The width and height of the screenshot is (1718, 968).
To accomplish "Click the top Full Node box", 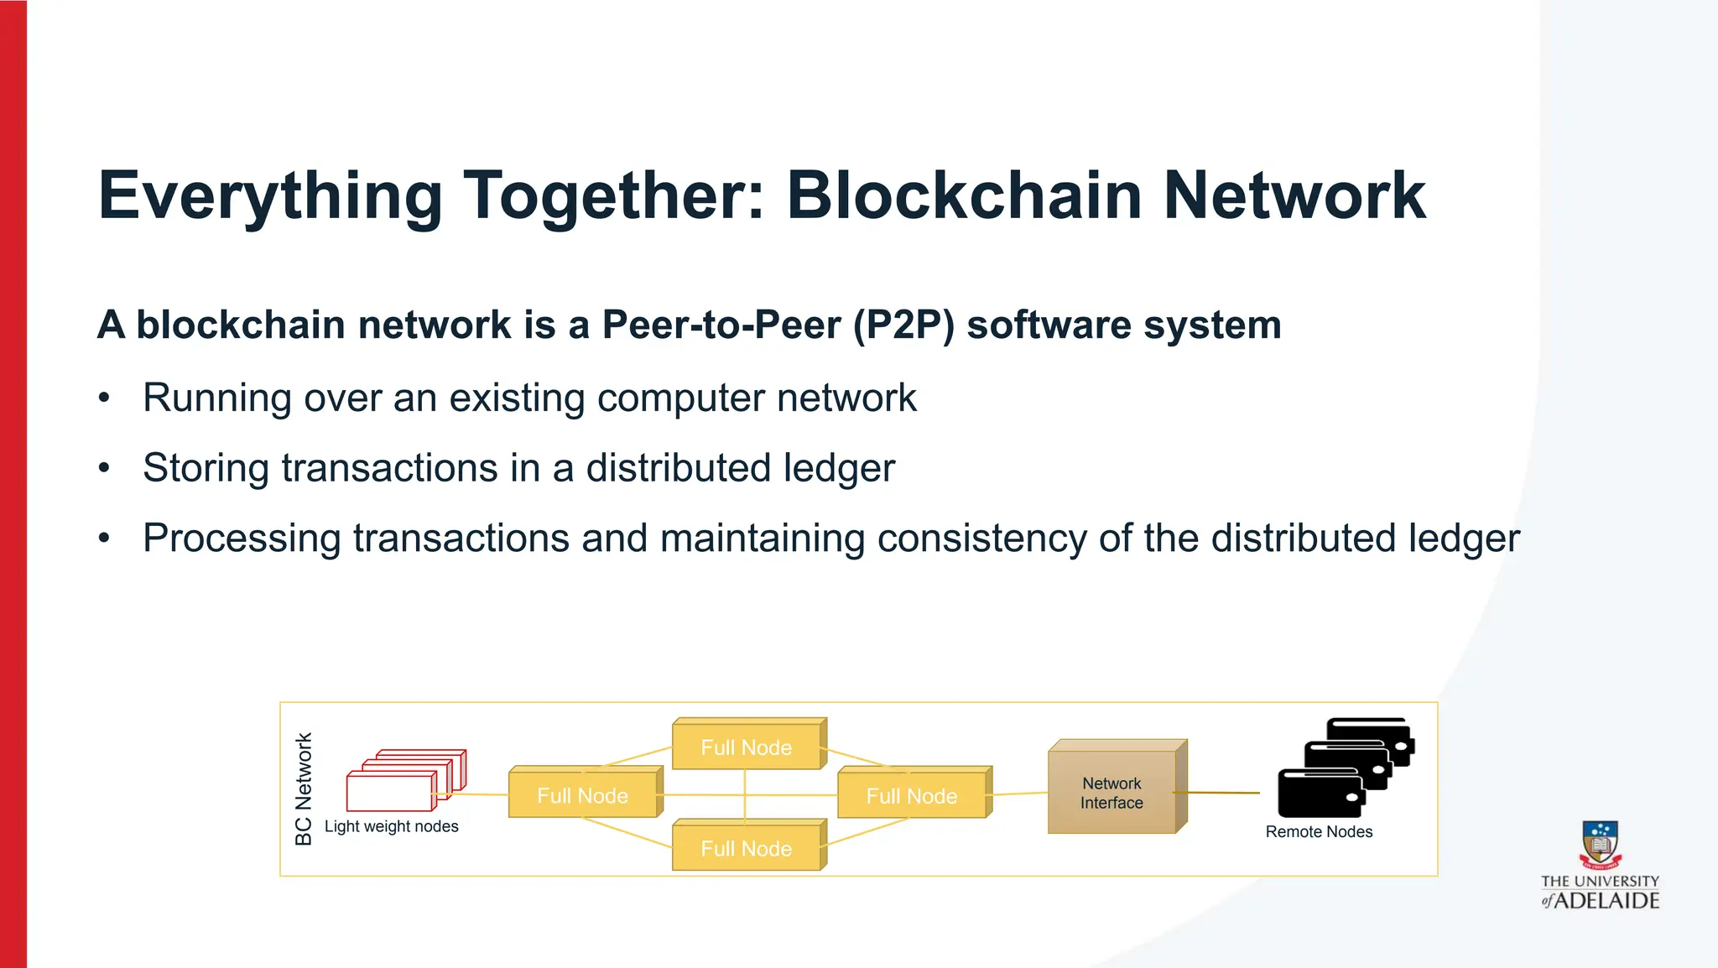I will pyautogui.click(x=747, y=747).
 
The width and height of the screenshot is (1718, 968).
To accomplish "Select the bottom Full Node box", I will pyautogui.click(x=747, y=848).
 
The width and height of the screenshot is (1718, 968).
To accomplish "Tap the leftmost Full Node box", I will pyautogui.click(x=582, y=795).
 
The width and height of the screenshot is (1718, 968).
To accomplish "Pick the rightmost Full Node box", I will pyautogui.click(x=912, y=795).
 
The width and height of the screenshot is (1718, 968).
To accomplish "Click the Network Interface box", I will pyautogui.click(x=1111, y=792).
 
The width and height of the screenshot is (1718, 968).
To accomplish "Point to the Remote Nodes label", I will pyautogui.click(x=1319, y=831).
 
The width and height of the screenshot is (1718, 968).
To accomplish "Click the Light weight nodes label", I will pyautogui.click(x=391, y=826).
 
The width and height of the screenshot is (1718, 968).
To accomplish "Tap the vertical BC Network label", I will pyautogui.click(x=304, y=788).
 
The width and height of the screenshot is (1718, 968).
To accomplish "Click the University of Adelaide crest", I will pyautogui.click(x=1600, y=844).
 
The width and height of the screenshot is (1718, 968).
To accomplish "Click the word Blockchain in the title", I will pyautogui.click(x=964, y=195).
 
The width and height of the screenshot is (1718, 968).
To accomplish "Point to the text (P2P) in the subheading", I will pyautogui.click(x=903, y=325).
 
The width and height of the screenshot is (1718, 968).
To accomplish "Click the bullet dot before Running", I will pyautogui.click(x=104, y=398).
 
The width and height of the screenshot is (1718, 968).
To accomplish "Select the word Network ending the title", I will pyautogui.click(x=1294, y=195).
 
